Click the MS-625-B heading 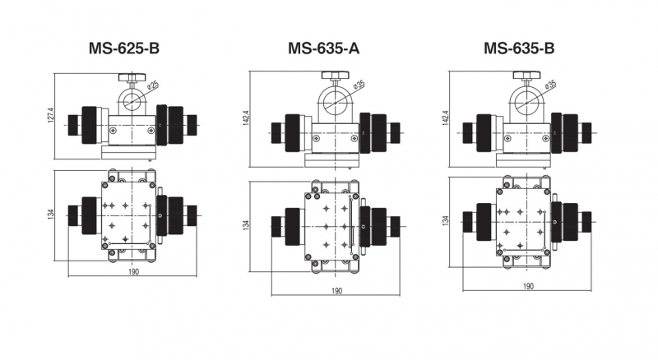pos(124,48)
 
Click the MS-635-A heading pos(323,48)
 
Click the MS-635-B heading pos(519,48)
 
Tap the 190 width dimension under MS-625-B pos(132,271)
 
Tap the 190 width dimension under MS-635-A pos(336,291)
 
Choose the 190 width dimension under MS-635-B pos(528,286)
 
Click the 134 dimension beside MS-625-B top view pos(50,215)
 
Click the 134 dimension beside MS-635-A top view pos(245,224)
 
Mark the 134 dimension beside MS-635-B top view pos(446,220)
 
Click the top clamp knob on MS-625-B pos(128,78)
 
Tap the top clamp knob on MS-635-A pos(332,78)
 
